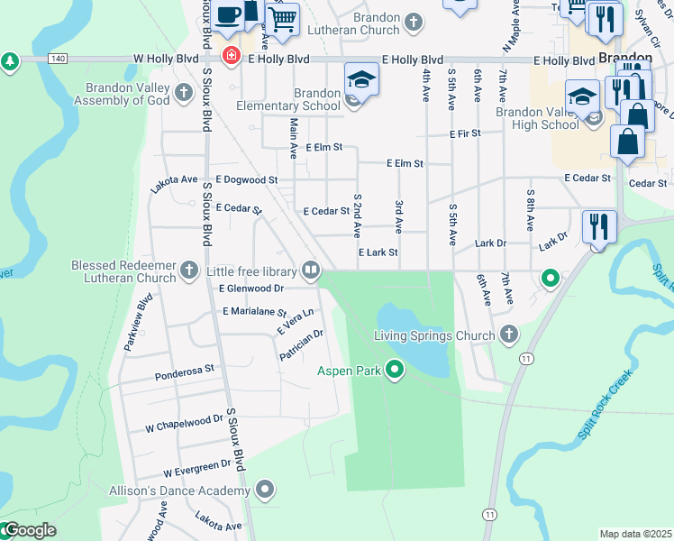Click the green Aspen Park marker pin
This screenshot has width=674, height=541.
pos(394,369)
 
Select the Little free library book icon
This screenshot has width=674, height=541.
pos(311,270)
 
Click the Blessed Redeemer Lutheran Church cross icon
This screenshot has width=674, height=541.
pos(188,270)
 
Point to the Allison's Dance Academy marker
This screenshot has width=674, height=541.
pos(265,490)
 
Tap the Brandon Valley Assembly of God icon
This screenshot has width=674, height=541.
pos(184,93)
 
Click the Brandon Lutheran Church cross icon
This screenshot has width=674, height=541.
pos(414,23)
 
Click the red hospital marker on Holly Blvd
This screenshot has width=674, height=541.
pos(230,56)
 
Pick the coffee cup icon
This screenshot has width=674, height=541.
pos(229,14)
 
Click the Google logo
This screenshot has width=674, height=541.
pos(29,530)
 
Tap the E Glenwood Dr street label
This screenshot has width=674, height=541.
pos(251,289)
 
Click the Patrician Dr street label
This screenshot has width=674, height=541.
pos(301,345)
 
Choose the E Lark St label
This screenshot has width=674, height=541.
pos(378,253)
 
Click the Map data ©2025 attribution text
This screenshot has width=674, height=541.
pos(635,534)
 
